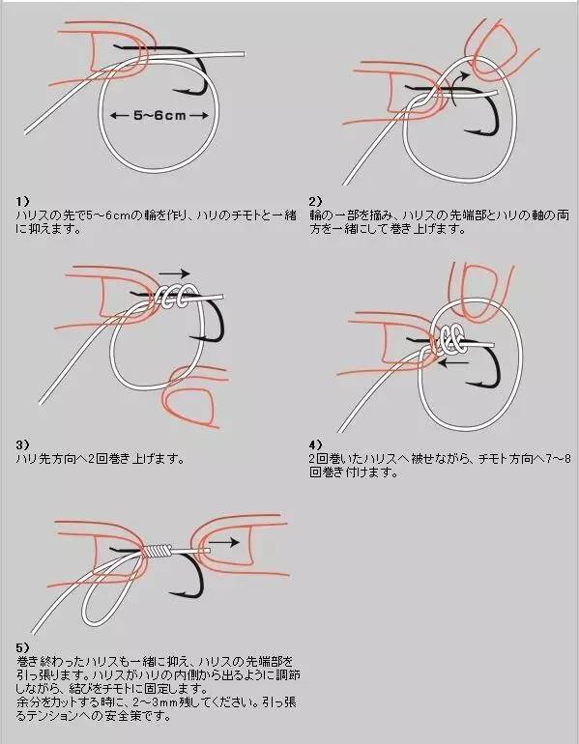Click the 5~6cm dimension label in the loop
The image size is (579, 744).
[x=159, y=115]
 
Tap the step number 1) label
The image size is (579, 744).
[x=24, y=201]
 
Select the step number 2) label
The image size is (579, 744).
[x=315, y=201]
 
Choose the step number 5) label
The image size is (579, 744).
[x=24, y=646]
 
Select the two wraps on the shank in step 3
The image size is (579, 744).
[x=174, y=297]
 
